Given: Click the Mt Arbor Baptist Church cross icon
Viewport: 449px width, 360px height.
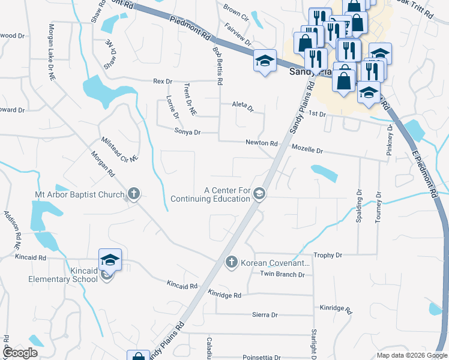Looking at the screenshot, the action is pos(133,194).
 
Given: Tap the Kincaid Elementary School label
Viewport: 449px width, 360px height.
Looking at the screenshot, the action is pos(63,275).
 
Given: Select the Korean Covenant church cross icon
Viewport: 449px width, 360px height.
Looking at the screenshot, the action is pos(231,262).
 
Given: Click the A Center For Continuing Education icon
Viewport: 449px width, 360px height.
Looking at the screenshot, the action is pos(260,194).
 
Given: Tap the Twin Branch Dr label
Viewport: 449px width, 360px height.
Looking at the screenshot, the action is pos(282,274).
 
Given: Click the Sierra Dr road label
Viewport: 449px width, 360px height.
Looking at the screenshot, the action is pos(265,314).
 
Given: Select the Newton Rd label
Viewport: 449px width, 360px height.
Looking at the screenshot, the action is pos(261,143).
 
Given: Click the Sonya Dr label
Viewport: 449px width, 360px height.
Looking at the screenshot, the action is pos(187,132).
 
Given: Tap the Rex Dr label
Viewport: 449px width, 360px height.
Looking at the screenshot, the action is pos(163,81).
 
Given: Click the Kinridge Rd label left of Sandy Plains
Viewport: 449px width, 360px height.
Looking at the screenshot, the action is pos(224,295).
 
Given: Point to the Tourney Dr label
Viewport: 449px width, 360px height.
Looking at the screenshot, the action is pos(378,208).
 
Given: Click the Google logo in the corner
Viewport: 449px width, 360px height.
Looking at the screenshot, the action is pos(21,353).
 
